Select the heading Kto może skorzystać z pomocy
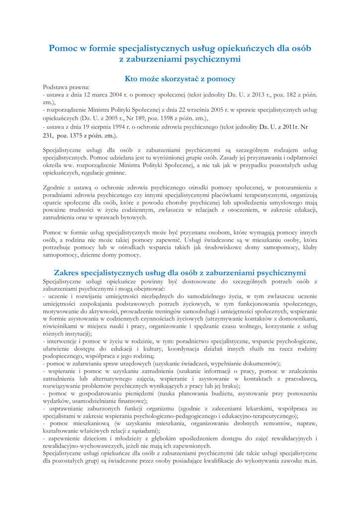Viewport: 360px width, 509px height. pyautogui.click(x=180, y=79)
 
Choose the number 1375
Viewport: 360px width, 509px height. pyautogui.click(x=79, y=135)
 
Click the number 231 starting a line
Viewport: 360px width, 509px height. pyautogui.click(x=49, y=135)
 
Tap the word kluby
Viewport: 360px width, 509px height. pyautogui.click(x=310, y=247)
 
